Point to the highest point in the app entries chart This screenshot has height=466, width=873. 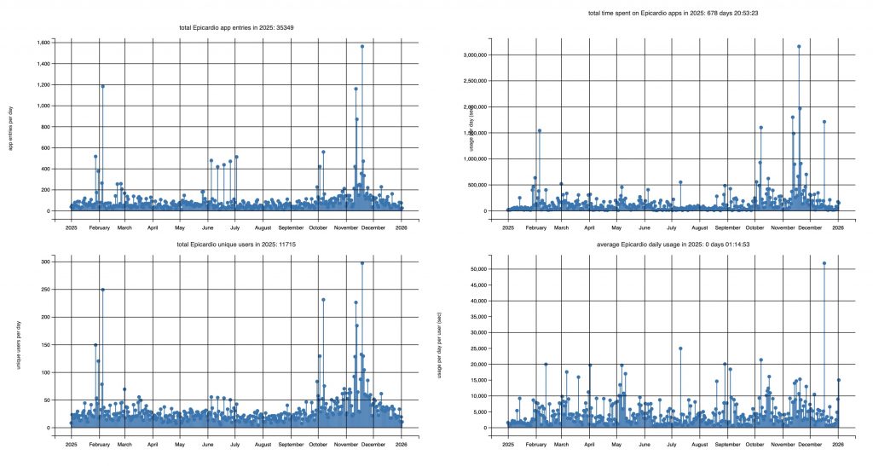click(x=362, y=47)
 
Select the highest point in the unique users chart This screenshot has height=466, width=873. click(x=362, y=263)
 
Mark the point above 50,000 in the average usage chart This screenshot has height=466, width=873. click(x=824, y=263)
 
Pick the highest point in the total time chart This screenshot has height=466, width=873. click(x=799, y=47)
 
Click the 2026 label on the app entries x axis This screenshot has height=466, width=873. click(x=402, y=228)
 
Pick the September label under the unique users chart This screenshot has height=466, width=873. click(x=291, y=445)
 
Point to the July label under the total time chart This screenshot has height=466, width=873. click(x=672, y=228)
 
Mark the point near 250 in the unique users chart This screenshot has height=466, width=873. click(x=102, y=290)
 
